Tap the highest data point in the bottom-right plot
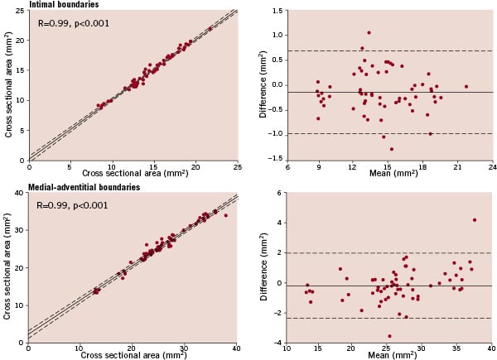click(x=474, y=220)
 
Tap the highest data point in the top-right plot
click(x=369, y=33)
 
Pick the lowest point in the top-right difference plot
click(x=391, y=149)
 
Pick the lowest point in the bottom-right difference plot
click(x=389, y=336)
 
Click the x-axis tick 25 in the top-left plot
click(x=237, y=166)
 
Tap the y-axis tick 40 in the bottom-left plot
click(x=19, y=194)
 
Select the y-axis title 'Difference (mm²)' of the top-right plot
click(x=263, y=85)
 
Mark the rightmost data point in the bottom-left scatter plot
click(x=225, y=215)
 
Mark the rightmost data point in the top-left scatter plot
click(x=210, y=28)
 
